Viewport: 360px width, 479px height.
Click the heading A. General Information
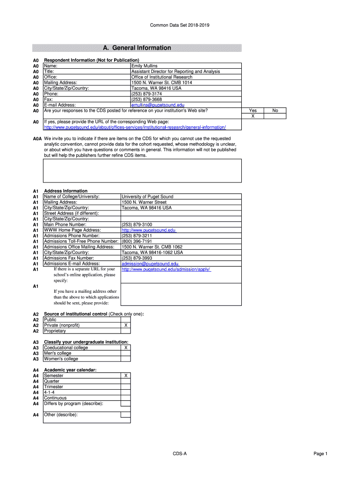[x=137, y=48]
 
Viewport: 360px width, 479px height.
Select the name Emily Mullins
[x=144, y=66]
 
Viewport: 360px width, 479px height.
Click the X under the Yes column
[x=253, y=116]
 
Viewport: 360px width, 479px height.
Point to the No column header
[x=275, y=111]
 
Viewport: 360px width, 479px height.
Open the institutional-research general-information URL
[x=135, y=127]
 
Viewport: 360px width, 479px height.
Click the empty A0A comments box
[x=143, y=171]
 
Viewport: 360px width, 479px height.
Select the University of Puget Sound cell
[x=147, y=197]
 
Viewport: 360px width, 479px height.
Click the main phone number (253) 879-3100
[x=137, y=225]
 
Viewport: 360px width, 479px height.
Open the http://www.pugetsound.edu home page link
[x=149, y=230]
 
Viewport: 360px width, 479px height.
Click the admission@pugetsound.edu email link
[x=150, y=264]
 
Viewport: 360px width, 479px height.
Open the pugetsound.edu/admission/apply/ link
[x=166, y=269]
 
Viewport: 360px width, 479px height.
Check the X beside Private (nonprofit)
[x=125, y=325]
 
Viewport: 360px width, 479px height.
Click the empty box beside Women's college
[x=125, y=359]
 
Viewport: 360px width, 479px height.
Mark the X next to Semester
[x=125, y=376]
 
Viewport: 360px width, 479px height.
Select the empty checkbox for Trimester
[x=125, y=387]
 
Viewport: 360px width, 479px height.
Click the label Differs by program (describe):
[x=73, y=403]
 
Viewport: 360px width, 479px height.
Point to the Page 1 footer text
[x=321, y=454]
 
